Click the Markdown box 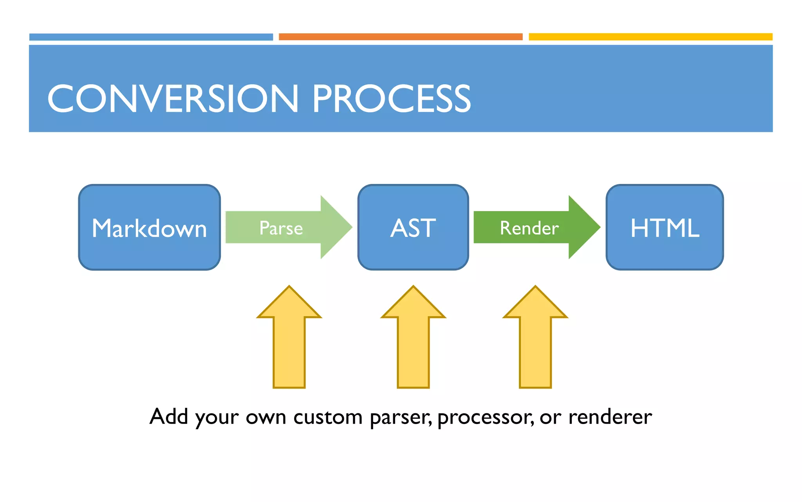149,227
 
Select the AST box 413,227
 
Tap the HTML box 665,227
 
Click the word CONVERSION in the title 172,99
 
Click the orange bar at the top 401,37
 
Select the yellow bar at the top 650,37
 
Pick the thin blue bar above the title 151,37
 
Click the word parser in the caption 400,417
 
